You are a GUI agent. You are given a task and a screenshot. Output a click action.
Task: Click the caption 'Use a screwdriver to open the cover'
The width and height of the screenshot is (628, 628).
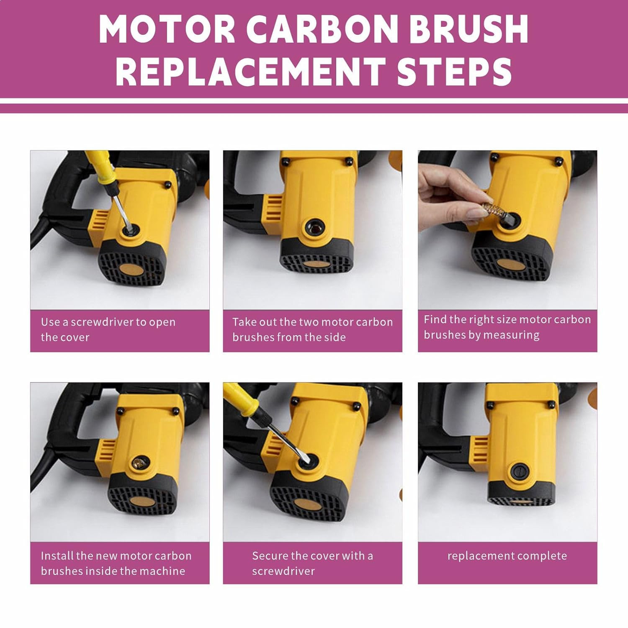pos(108,329)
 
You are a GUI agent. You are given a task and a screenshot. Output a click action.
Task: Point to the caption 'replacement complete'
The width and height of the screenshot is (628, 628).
pos(507,556)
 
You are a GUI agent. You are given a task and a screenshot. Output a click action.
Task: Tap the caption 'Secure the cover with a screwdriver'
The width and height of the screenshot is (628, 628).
pos(312,563)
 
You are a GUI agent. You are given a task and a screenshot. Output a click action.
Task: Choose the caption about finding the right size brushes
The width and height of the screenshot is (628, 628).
pos(507,327)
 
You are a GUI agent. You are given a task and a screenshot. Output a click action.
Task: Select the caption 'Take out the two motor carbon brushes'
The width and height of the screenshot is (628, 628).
pos(312,329)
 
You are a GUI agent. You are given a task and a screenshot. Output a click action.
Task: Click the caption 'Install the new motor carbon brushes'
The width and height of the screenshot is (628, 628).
pos(116,563)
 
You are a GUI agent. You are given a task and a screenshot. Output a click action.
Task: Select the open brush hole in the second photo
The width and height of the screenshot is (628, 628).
pos(315,228)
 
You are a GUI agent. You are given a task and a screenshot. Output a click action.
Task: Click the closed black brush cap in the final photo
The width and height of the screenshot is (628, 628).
pos(520,471)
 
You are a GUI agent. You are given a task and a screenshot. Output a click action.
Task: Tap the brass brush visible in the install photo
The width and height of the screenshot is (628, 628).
pos(139,463)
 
